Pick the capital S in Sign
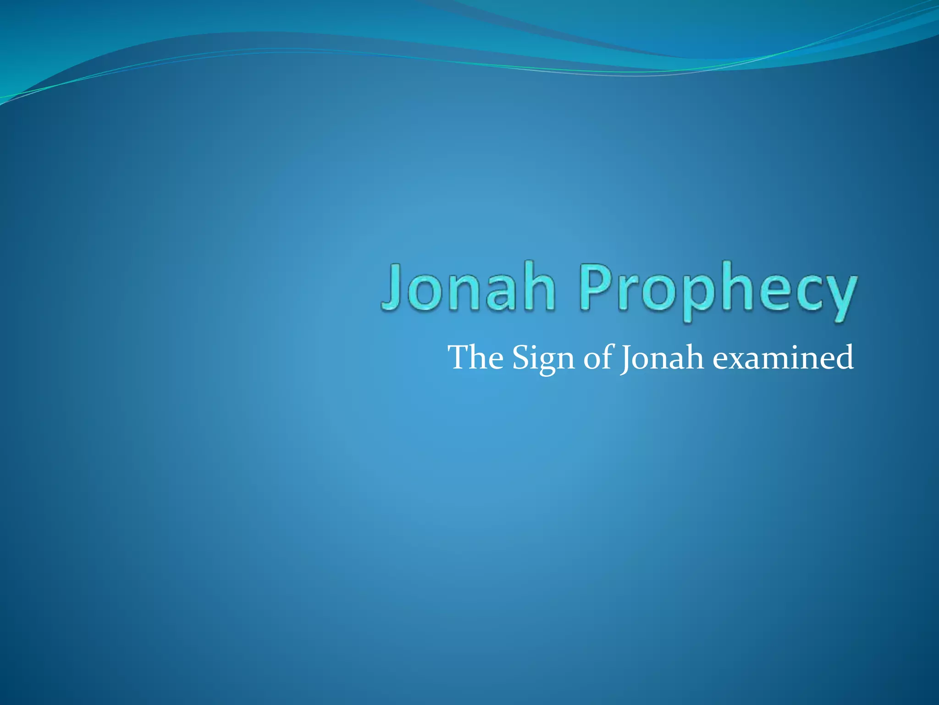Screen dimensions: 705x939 pos(521,358)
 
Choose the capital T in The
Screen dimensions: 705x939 pos(461,358)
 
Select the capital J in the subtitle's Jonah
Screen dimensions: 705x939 pos(625,358)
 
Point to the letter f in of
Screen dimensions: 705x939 pos(607,357)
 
